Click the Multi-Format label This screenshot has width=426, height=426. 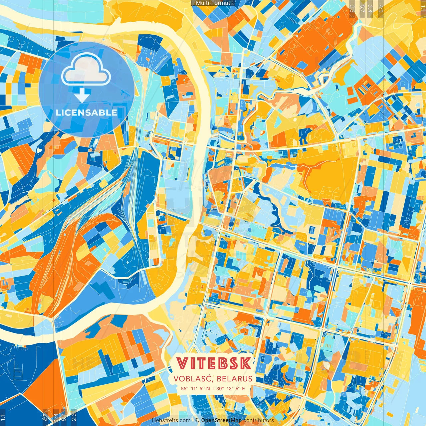[x=213, y=3]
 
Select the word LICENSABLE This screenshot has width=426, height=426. [x=87, y=112]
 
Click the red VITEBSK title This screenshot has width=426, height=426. [x=214, y=363]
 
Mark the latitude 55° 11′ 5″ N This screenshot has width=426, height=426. [x=195, y=388]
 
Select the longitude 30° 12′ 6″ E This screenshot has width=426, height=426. [x=231, y=388]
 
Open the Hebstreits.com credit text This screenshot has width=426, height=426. [x=171, y=420]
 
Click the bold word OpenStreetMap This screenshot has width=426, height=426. [x=221, y=420]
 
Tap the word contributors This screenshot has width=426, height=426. [x=259, y=420]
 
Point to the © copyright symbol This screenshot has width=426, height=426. [x=197, y=420]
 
